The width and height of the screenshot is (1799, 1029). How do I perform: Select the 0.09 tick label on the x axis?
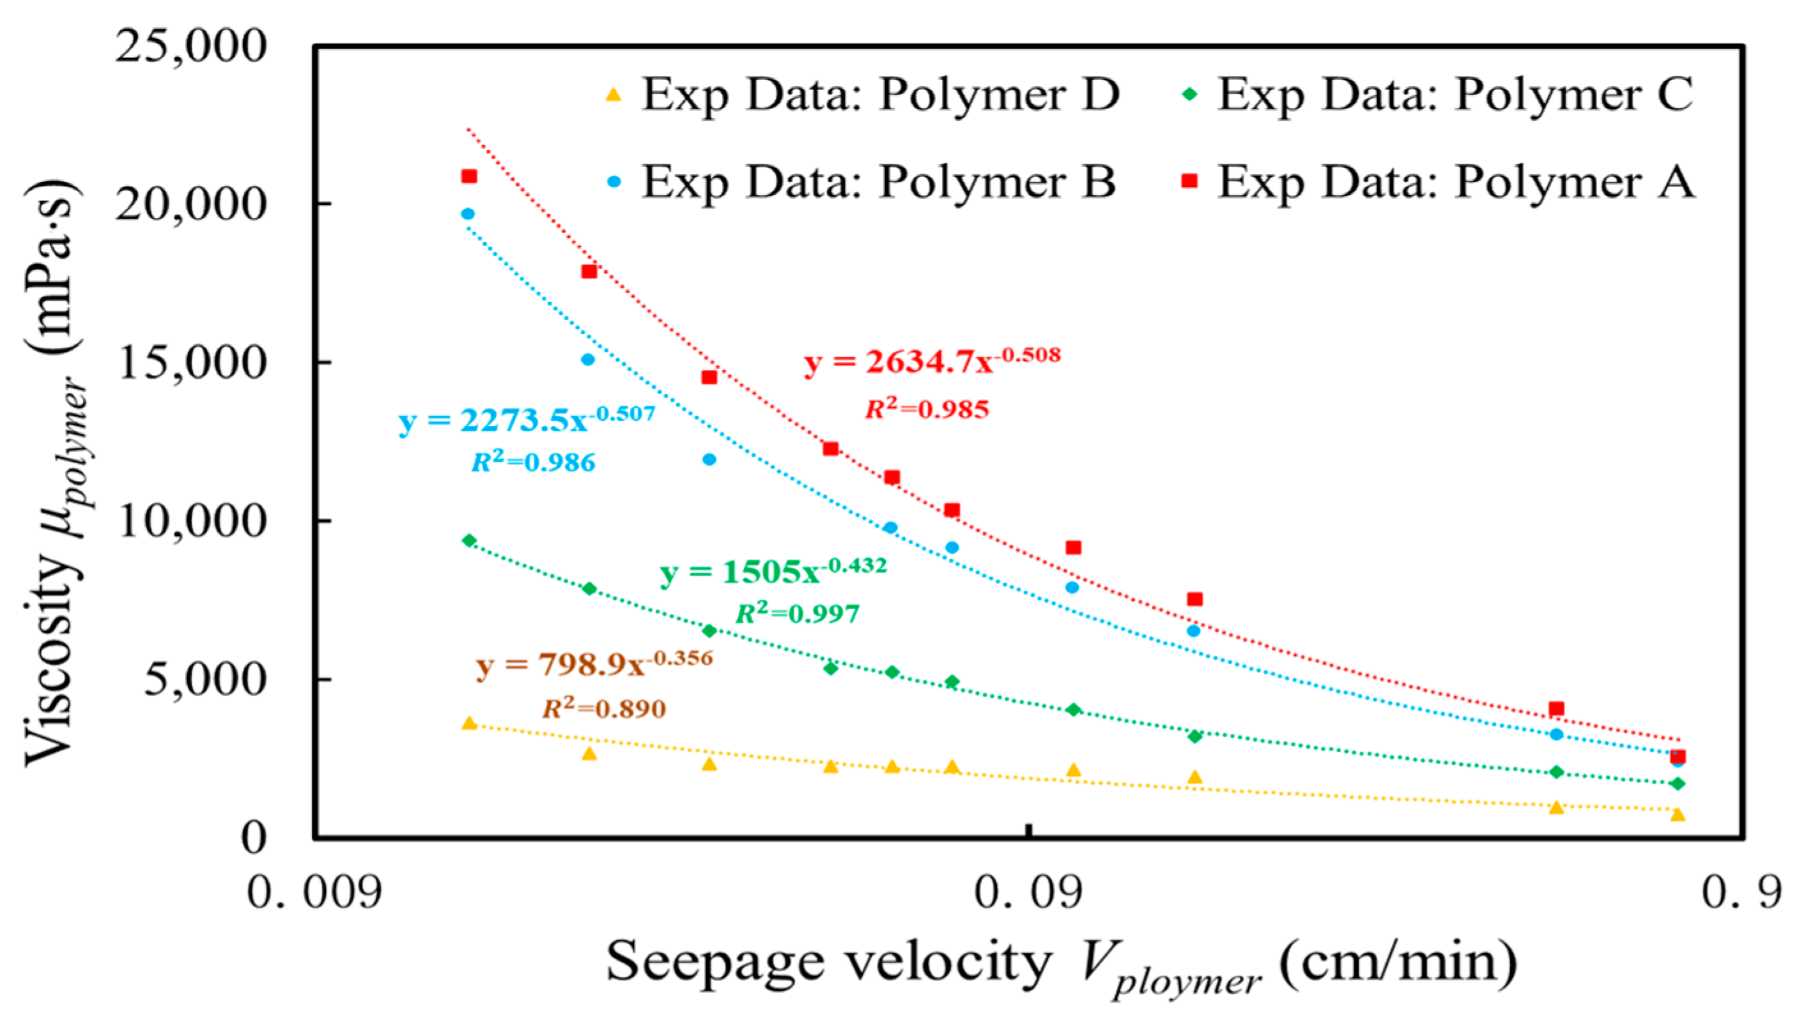(x=1028, y=892)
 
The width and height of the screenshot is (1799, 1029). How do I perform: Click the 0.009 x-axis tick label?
(x=314, y=892)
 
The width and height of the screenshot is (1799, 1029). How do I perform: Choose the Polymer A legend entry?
(x=1439, y=181)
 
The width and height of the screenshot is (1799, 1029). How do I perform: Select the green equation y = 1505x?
(x=773, y=570)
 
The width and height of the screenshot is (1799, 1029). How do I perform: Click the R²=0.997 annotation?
(x=798, y=613)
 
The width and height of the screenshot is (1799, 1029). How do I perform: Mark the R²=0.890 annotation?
(x=605, y=708)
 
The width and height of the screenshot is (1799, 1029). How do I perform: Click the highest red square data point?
(x=468, y=176)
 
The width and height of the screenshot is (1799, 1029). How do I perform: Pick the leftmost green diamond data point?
(x=468, y=540)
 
